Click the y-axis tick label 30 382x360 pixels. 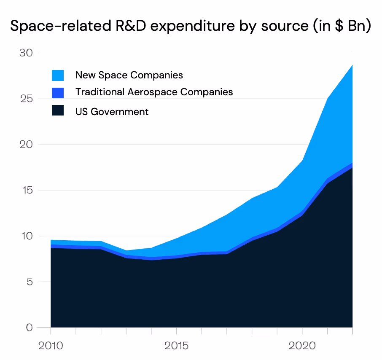tap(26, 53)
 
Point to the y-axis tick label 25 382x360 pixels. tap(26, 99)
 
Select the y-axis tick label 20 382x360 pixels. tap(26, 145)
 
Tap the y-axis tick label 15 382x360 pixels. tap(26, 191)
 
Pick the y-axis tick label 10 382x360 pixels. tap(26, 236)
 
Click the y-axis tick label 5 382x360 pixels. tap(29, 282)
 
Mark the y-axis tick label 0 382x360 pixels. tap(29, 328)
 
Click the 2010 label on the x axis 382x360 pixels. tap(51, 346)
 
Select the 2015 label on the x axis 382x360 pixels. tap(176, 346)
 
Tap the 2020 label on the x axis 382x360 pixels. tap(302, 346)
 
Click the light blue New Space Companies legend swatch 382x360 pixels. tap(58, 75)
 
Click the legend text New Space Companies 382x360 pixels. tap(129, 75)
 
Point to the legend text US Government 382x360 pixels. tap(112, 112)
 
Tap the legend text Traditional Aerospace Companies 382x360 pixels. tap(154, 92)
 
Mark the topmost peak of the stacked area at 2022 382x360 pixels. tap(352, 65)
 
